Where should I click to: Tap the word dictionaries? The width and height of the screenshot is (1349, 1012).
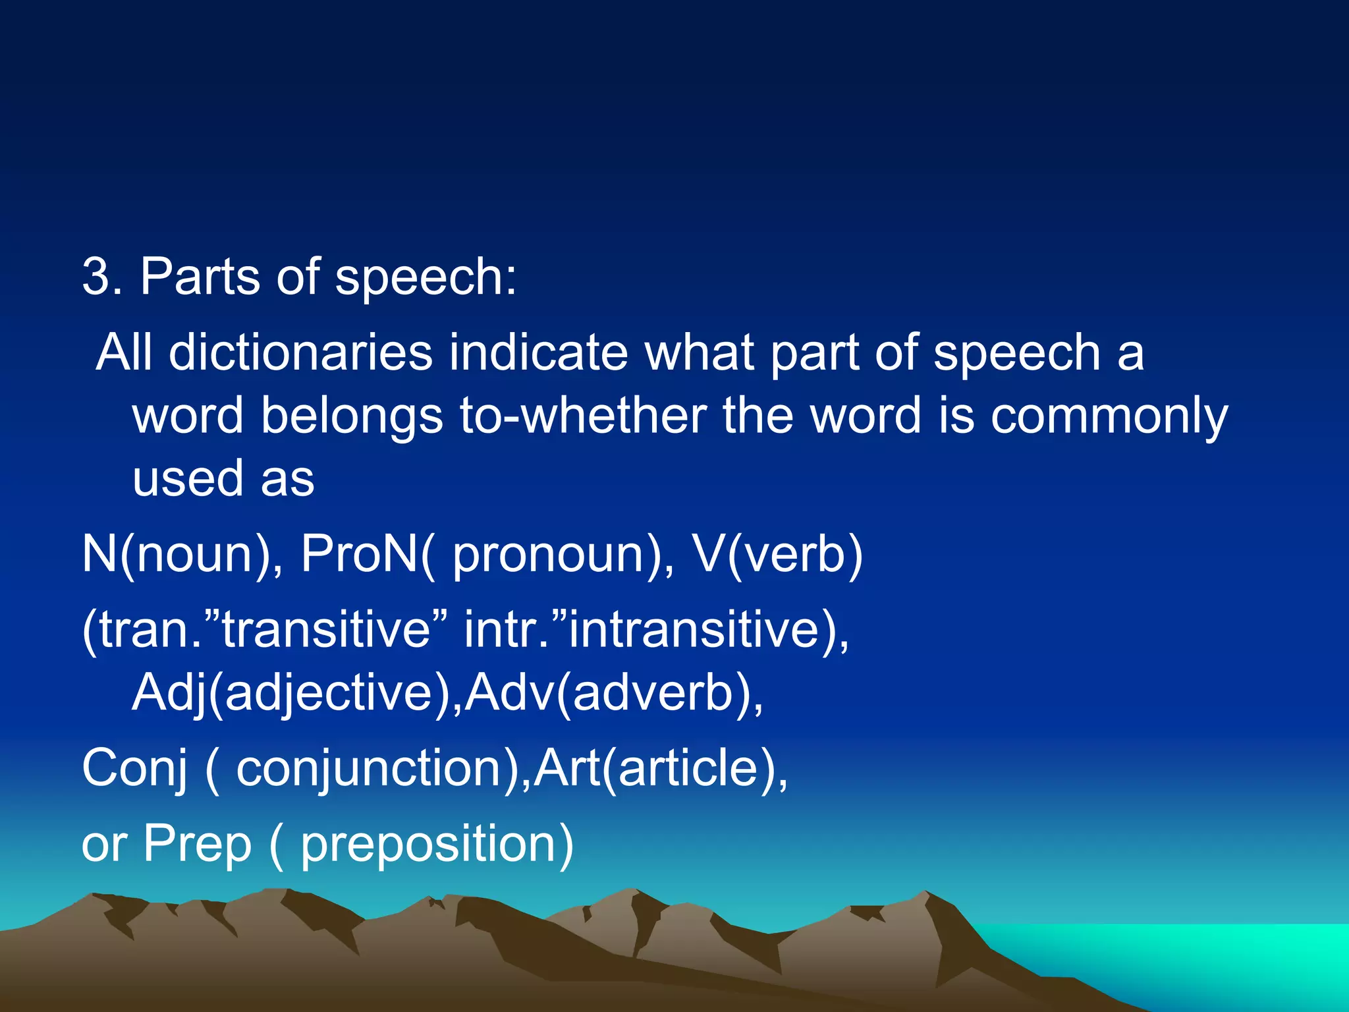pyautogui.click(x=300, y=352)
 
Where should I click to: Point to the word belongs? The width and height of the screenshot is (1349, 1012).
pyautogui.click(x=352, y=416)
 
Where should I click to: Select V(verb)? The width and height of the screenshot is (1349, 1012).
pyautogui.click(x=777, y=555)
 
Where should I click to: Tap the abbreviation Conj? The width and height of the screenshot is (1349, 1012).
pyautogui.click(x=135, y=770)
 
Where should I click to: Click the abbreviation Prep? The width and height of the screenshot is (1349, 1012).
pyautogui.click(x=198, y=845)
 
